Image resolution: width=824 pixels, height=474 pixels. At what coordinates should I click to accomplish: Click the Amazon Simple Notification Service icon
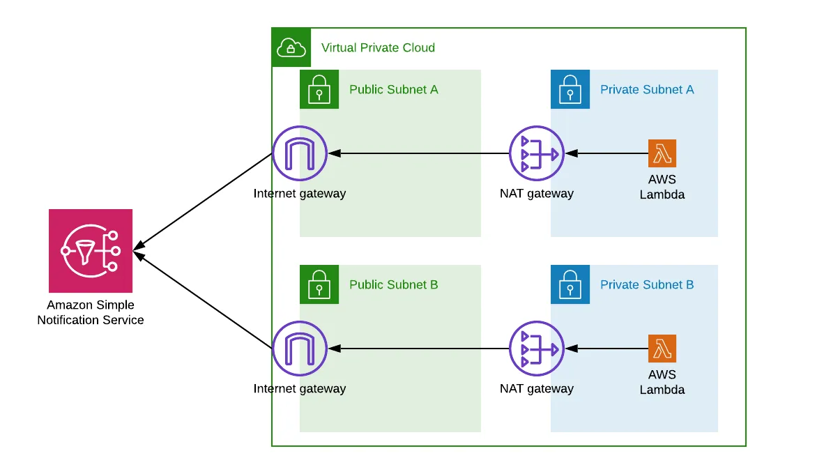click(x=91, y=251)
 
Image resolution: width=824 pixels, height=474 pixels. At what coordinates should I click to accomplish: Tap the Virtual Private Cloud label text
click(x=378, y=47)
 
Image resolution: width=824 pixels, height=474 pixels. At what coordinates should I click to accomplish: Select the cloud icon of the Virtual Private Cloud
click(x=291, y=47)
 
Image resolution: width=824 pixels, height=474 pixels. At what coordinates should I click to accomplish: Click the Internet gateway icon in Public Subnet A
click(x=300, y=153)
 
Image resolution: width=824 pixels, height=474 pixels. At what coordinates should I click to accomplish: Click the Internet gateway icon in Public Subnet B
click(x=300, y=349)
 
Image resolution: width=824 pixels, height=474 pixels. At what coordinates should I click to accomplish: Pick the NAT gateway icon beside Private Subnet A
click(x=536, y=153)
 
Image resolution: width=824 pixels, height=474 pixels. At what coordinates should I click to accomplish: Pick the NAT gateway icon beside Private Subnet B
click(x=536, y=349)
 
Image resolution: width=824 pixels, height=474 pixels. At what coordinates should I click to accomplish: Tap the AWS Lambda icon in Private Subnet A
click(x=662, y=153)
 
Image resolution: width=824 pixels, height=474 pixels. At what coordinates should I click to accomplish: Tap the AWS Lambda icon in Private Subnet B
click(x=662, y=349)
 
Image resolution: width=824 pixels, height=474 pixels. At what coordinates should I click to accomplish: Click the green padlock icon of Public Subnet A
click(x=319, y=89)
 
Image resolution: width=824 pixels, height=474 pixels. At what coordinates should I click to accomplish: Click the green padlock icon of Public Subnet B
click(x=319, y=284)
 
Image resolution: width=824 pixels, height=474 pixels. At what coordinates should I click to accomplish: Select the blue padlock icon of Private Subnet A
click(x=570, y=89)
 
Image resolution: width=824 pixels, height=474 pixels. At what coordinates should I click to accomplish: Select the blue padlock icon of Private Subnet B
click(x=570, y=284)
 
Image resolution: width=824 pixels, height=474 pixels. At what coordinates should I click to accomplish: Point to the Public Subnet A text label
click(x=394, y=89)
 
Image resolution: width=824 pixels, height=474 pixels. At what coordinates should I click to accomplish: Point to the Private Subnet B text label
click(x=647, y=284)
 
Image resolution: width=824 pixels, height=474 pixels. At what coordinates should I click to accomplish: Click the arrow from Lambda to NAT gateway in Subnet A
click(x=606, y=153)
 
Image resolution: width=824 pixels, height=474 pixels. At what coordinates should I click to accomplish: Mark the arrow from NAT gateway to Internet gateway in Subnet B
click(x=418, y=349)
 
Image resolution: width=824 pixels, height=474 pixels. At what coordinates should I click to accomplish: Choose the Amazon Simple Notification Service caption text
click(x=91, y=313)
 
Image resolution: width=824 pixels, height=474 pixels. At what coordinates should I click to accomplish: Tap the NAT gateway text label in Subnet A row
click(x=536, y=194)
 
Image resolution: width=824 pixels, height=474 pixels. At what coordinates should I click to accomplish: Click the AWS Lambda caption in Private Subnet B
click(x=662, y=382)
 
